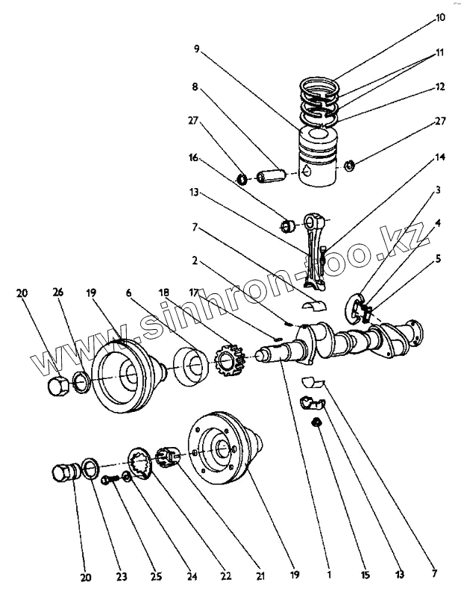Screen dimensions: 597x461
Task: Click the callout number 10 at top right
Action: pos(440,16)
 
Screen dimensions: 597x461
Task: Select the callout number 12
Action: pos(440,87)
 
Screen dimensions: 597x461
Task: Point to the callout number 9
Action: pos(196,49)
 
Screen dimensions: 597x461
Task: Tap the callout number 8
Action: pos(195,87)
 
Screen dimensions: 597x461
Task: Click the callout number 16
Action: pos(193,158)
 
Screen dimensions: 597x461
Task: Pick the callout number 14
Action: pos(440,158)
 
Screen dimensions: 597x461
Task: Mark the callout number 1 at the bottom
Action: pos(328,575)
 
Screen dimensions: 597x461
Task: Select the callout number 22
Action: pos(225,575)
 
